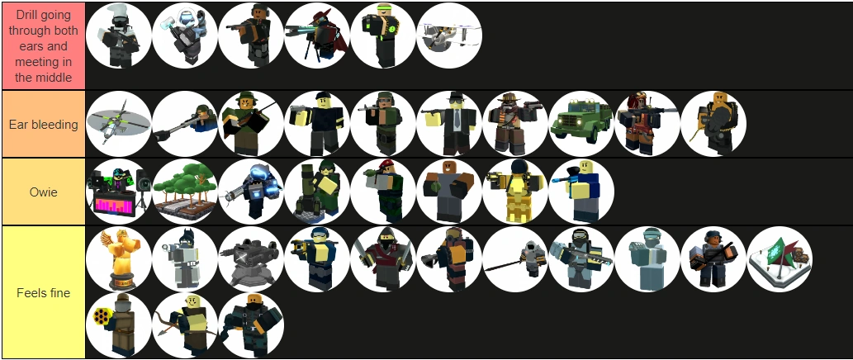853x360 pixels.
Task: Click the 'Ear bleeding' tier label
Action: point(44,125)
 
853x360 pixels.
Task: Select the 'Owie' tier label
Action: point(44,192)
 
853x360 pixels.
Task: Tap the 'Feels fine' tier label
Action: point(44,293)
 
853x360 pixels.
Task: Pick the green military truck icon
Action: point(581,124)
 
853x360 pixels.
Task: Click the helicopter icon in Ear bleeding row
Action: point(119,124)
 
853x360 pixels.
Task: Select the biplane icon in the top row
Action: point(449,36)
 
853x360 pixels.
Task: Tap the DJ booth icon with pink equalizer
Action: point(119,192)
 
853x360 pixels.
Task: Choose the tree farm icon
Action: point(186,192)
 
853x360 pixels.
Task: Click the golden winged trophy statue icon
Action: point(119,259)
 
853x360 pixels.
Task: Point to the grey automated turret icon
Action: point(251,259)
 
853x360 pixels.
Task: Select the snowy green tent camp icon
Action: point(780,259)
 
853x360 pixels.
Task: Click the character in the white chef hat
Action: point(119,36)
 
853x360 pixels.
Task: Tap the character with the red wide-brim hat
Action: point(317,36)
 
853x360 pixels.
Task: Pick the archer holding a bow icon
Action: point(186,325)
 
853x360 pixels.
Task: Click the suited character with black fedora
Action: point(449,124)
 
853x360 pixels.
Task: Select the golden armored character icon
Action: point(515,192)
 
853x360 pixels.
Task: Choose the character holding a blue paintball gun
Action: point(581,192)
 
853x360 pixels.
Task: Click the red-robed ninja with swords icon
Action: point(383,259)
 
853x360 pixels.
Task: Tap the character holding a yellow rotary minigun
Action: point(119,325)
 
